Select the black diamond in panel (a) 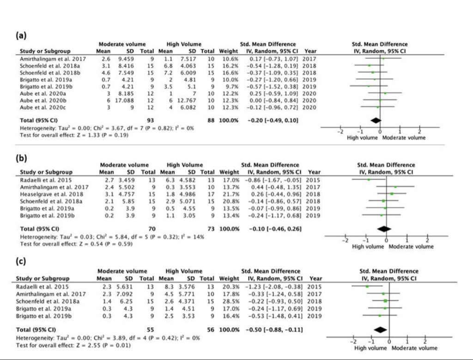376,120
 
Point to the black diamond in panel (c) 380,329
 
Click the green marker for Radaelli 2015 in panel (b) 369,180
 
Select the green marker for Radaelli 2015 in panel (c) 367,286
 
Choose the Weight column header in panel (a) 228,51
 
